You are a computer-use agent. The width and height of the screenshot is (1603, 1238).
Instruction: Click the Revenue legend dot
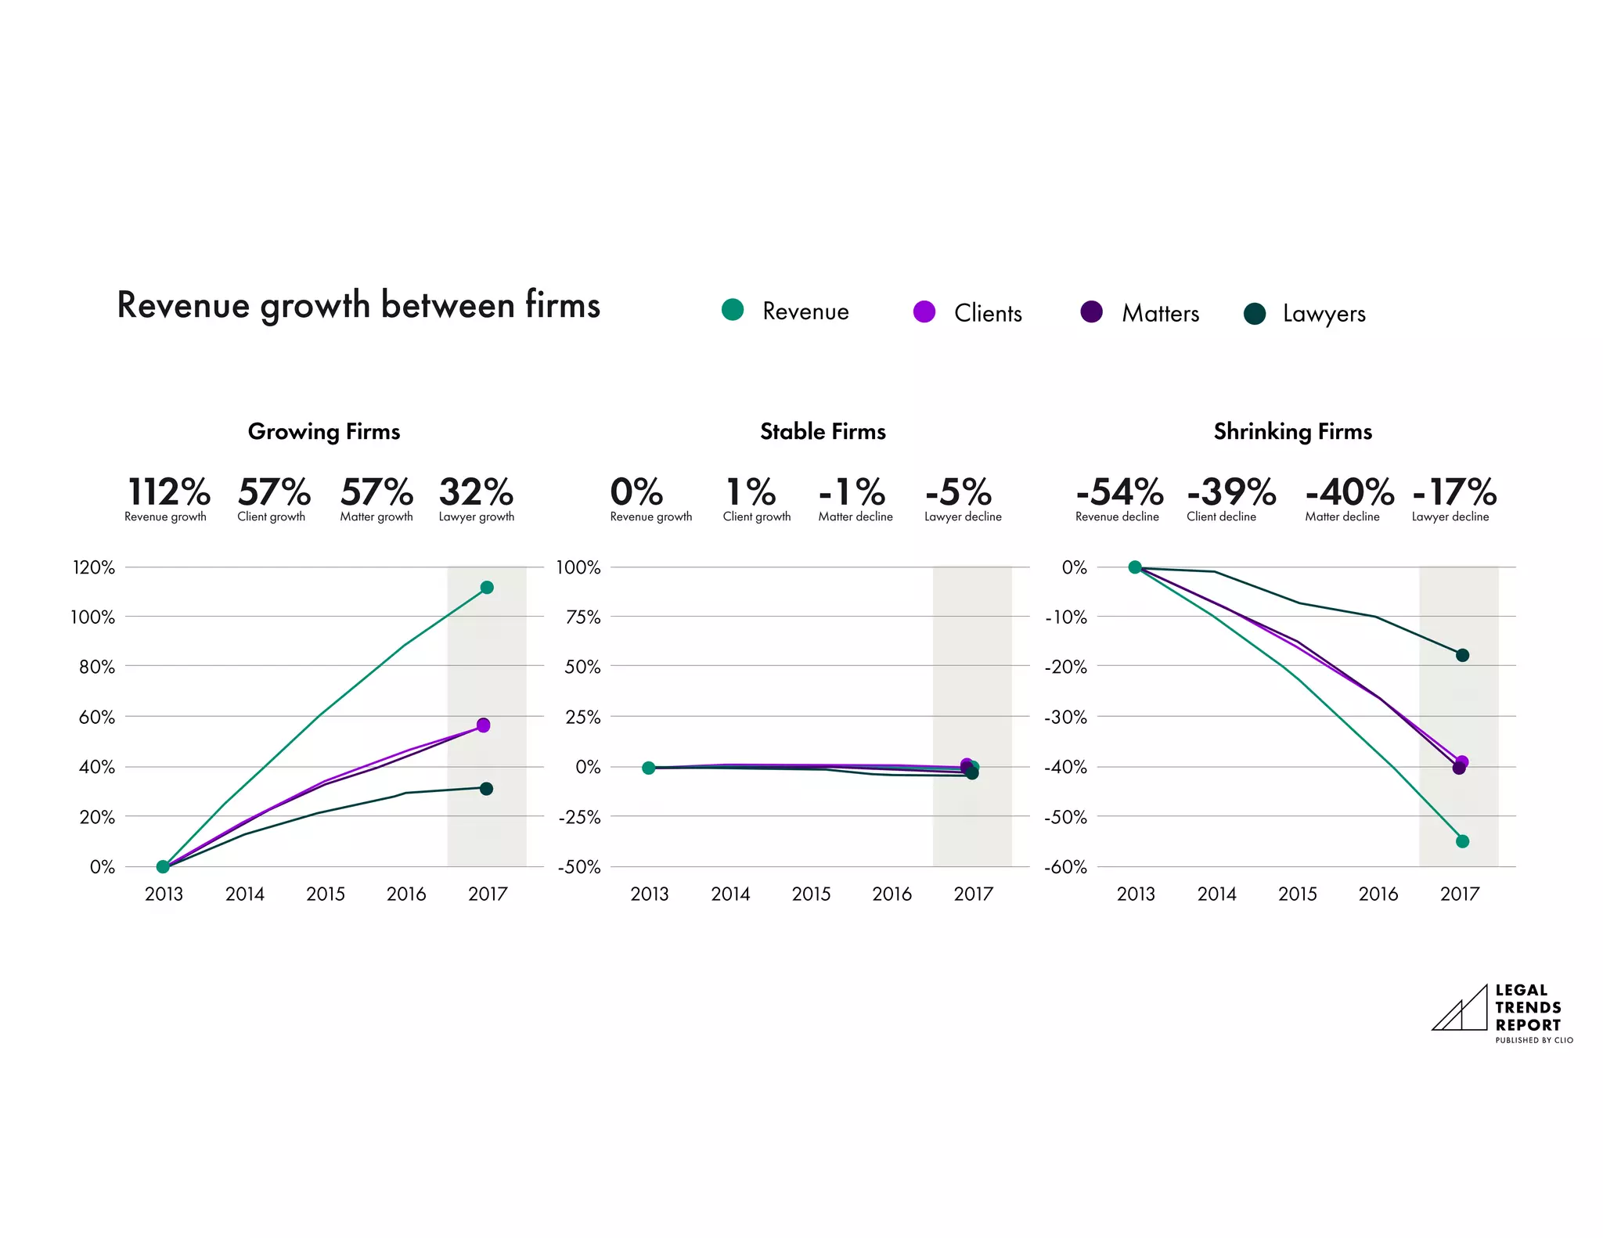pyautogui.click(x=733, y=310)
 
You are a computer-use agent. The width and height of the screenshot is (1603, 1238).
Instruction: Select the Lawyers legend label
pyautogui.click(x=1324, y=314)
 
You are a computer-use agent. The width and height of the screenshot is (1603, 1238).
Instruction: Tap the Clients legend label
pyautogui.click(x=988, y=313)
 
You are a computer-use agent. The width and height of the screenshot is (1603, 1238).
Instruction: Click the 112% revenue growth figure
pyautogui.click(x=168, y=492)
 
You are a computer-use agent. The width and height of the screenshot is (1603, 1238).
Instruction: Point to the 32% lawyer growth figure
pyautogui.click(x=476, y=492)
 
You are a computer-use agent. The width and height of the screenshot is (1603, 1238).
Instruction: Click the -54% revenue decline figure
pyautogui.click(x=1119, y=492)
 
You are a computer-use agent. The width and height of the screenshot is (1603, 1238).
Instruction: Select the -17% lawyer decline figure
pyautogui.click(x=1454, y=492)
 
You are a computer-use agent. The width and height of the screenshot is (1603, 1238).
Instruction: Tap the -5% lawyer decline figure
pyautogui.click(x=959, y=492)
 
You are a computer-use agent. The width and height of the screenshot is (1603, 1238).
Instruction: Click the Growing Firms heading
pyautogui.click(x=324, y=431)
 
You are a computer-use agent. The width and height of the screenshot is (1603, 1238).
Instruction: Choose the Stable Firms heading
pyautogui.click(x=823, y=431)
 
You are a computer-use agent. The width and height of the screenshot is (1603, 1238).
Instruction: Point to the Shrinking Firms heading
pyautogui.click(x=1292, y=431)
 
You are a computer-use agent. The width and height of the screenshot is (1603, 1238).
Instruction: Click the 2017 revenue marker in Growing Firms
pyautogui.click(x=487, y=588)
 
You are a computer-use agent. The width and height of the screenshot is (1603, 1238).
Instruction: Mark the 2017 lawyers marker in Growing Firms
pyautogui.click(x=486, y=789)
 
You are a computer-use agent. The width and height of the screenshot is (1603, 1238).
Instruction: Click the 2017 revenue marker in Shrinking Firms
pyautogui.click(x=1462, y=841)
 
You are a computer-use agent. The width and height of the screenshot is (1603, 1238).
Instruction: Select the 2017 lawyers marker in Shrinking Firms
pyautogui.click(x=1462, y=655)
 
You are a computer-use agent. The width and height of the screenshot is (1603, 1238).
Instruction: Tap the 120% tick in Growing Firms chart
pyautogui.click(x=93, y=567)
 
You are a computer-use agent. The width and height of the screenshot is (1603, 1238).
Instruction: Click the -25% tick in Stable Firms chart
pyautogui.click(x=579, y=817)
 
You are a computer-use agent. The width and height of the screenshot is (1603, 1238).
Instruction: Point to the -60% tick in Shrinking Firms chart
pyautogui.click(x=1065, y=867)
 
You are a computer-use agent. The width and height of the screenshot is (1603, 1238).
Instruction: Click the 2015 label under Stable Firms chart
pyautogui.click(x=811, y=894)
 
